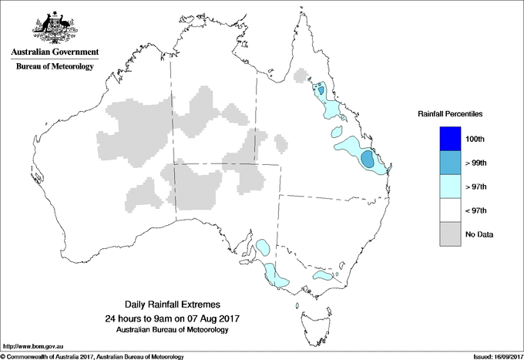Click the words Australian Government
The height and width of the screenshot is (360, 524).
point(54,52)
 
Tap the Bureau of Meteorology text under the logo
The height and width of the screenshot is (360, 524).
point(55,67)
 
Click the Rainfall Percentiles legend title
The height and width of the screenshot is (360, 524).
point(450,113)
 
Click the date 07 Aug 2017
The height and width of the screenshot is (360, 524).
point(211,318)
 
